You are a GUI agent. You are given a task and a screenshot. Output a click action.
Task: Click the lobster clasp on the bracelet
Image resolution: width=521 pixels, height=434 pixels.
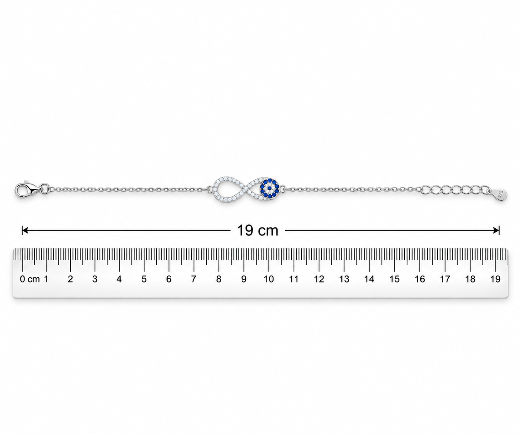28,190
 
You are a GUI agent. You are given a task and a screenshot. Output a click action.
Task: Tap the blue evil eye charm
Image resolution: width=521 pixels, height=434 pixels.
269,189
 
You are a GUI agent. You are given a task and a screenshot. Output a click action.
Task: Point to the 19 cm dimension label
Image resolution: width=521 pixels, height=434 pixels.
257,230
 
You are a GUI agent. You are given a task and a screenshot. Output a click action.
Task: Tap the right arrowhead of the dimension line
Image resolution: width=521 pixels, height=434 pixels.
496,230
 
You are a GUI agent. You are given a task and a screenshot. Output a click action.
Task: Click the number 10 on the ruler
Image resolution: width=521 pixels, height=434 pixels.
268,279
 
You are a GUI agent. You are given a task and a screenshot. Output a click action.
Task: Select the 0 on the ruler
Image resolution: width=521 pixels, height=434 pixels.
23,279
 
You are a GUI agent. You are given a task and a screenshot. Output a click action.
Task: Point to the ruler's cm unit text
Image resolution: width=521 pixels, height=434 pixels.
33,279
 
